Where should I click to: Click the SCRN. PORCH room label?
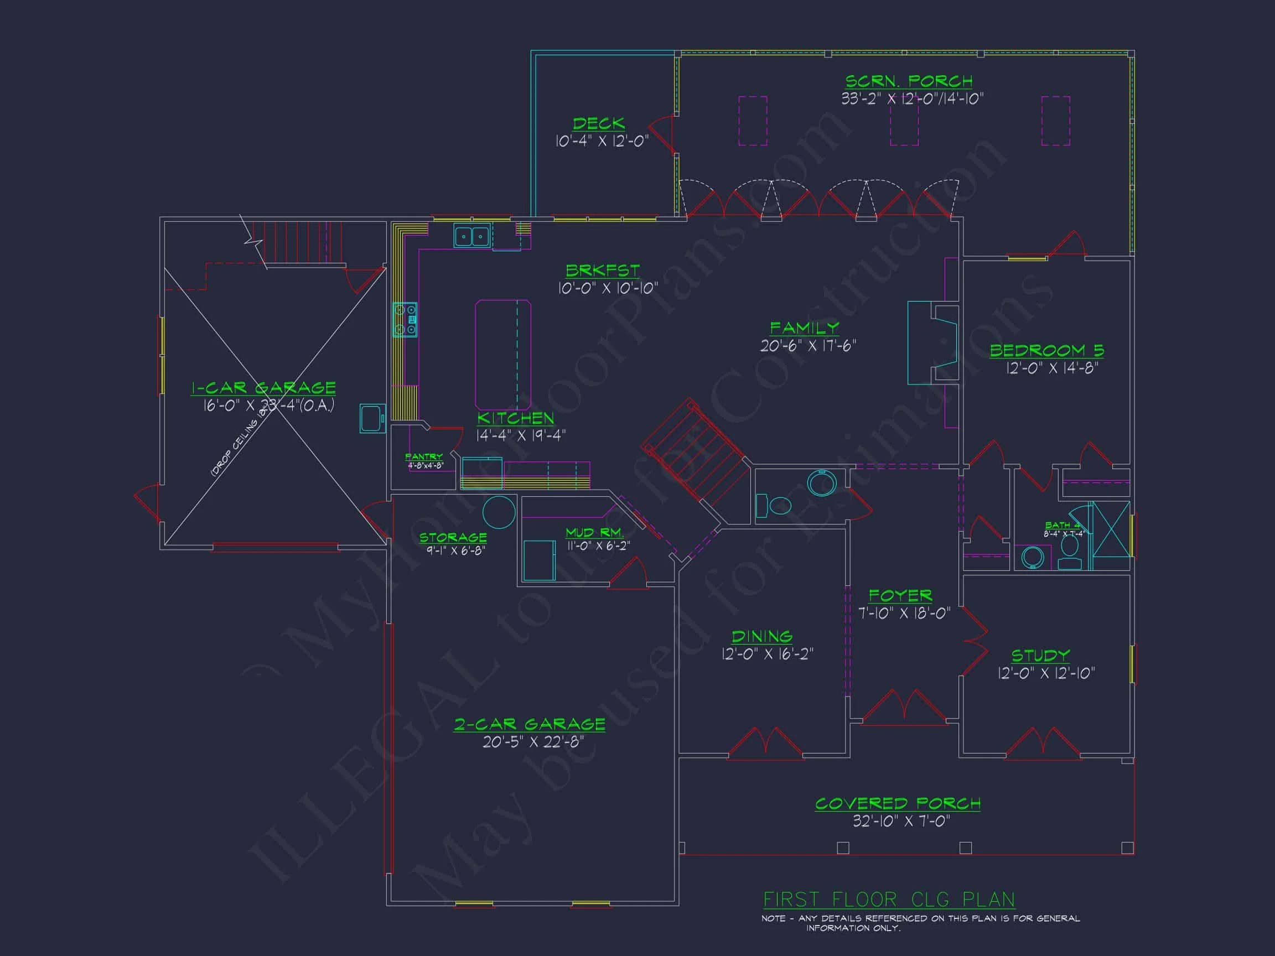tap(909, 81)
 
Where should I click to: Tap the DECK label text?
tap(599, 124)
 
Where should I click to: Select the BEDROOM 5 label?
tap(1047, 350)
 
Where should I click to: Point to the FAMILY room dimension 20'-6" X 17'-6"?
tap(808, 346)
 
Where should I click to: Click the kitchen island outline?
tap(502, 355)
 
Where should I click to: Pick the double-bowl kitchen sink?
tap(471, 236)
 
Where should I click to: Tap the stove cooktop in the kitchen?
tap(405, 320)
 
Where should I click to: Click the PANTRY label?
tap(424, 457)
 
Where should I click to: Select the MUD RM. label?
tap(594, 533)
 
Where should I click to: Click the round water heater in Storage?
tap(499, 512)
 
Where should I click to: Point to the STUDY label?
tap(1041, 656)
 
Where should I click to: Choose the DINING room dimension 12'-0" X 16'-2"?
tap(767, 654)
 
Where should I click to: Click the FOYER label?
tap(900, 595)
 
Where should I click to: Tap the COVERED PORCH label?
tap(898, 803)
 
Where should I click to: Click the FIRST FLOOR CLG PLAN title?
tap(889, 900)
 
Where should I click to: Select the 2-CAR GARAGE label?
tap(530, 724)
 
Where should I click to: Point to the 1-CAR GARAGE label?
tap(263, 388)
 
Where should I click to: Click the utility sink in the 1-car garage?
tap(372, 418)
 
